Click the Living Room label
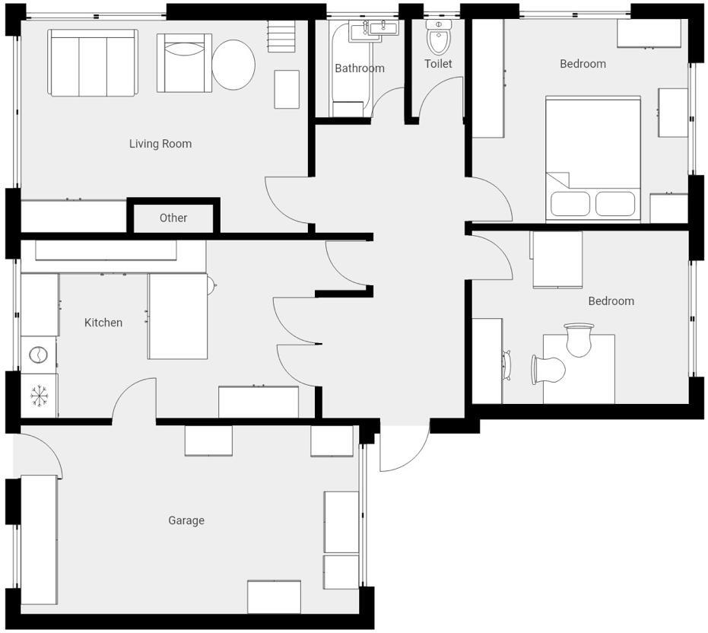[160, 144]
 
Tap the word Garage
[186, 520]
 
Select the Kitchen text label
[103, 323]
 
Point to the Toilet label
[438, 64]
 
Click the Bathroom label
[360, 68]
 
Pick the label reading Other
[173, 218]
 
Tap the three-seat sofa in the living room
[93, 63]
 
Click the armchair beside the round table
[184, 62]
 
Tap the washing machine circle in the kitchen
[37, 354]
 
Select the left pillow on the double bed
[570, 204]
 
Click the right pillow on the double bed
[614, 204]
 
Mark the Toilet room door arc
[437, 95]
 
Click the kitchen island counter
[177, 316]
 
